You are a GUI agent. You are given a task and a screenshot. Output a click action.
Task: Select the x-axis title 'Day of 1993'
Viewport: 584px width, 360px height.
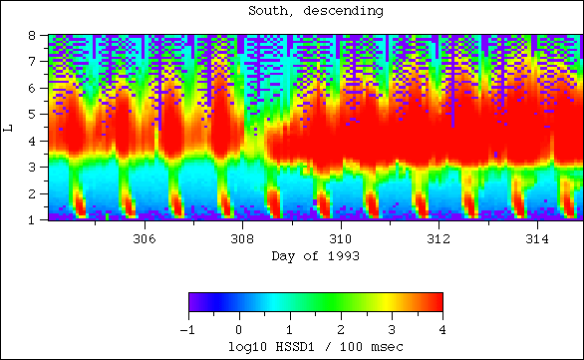coord(314,256)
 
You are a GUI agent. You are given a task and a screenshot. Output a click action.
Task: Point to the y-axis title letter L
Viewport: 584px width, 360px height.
coord(9,127)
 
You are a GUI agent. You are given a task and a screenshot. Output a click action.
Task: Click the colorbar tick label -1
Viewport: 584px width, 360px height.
coord(186,329)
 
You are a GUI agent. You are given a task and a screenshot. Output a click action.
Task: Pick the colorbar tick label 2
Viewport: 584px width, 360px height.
coord(340,329)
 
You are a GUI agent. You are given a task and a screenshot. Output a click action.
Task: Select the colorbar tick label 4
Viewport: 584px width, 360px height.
coord(441,329)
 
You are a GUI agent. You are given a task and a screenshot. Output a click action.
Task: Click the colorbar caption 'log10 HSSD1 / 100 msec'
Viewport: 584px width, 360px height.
coord(314,346)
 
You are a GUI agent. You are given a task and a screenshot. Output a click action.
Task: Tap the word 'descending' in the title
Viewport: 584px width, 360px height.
coord(342,11)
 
